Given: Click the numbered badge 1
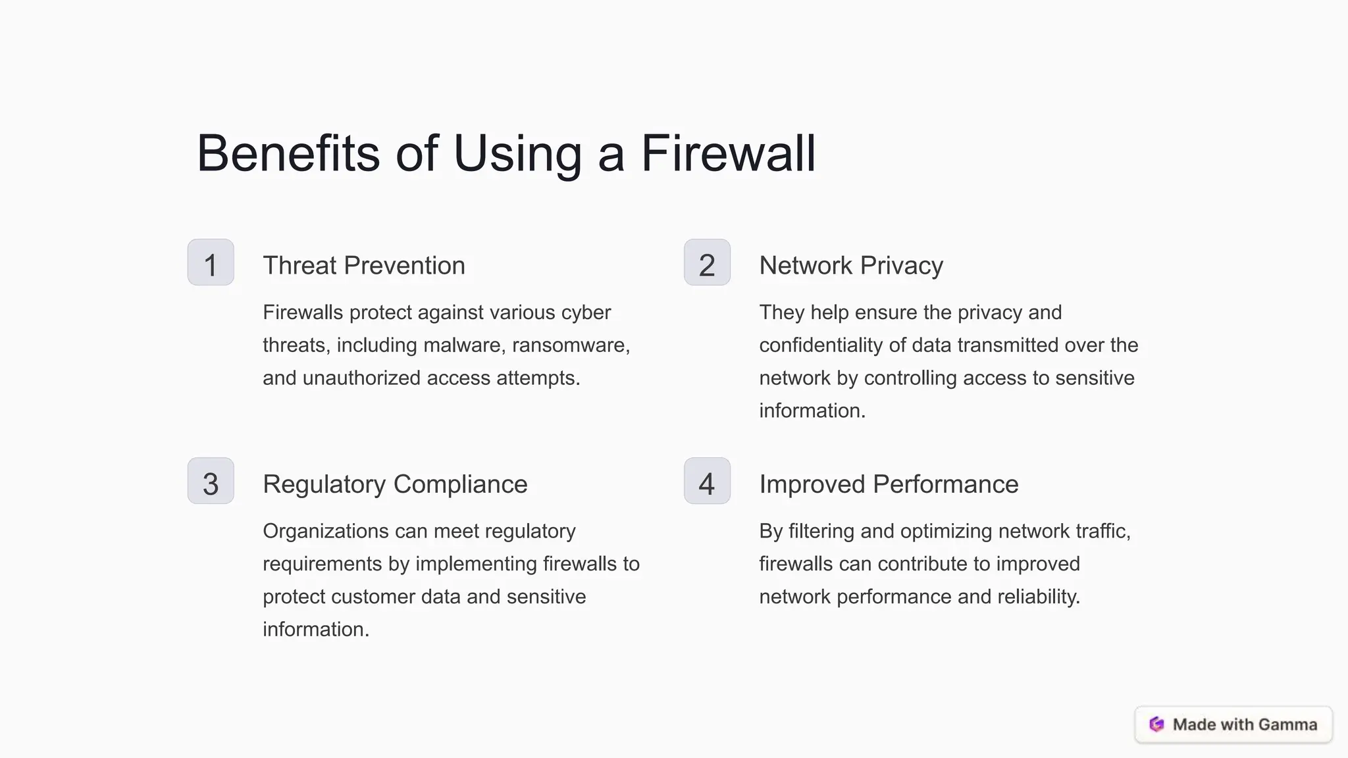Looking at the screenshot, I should point(211,263).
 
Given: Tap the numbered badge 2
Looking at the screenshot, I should point(707,263).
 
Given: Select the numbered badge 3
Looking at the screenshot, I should point(211,481).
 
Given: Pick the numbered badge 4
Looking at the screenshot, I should point(707,481).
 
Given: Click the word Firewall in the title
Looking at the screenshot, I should point(728,153).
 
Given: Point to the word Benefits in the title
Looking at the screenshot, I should point(288,153).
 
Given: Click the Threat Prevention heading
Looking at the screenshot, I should point(364,266).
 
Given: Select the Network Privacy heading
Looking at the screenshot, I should point(851,266).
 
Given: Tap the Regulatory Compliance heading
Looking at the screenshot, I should point(395,484).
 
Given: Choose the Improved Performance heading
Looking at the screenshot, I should point(889,484).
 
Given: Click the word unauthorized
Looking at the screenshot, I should point(361,378).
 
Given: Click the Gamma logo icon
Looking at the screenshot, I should point(1156,724).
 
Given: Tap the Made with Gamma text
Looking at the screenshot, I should point(1245,724).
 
